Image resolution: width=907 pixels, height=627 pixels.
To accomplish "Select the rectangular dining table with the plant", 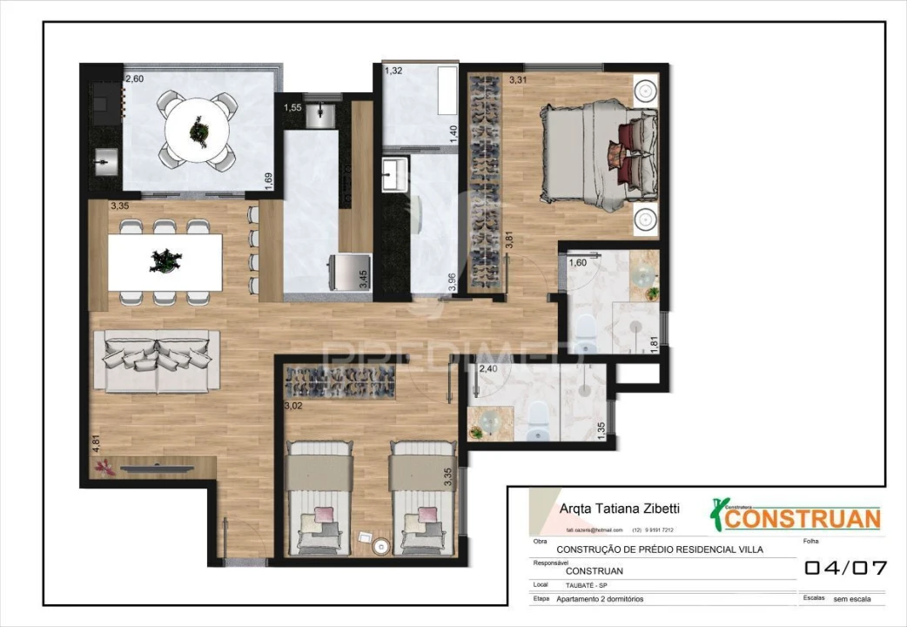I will coord(165,261).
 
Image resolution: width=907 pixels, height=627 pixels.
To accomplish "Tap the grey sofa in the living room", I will coord(156,361).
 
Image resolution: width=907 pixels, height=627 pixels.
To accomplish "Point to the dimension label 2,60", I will coord(135,79).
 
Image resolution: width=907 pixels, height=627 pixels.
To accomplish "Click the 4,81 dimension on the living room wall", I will coord(97,442).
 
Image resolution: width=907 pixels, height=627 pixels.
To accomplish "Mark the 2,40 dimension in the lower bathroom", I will coord(488,369).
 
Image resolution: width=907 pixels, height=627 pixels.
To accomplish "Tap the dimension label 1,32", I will coord(393,71).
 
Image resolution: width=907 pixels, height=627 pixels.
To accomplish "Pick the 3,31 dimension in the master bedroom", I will coord(518,80).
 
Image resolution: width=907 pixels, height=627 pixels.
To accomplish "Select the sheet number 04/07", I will coord(845,569).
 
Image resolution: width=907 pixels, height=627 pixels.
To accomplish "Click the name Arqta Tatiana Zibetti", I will coord(618,509).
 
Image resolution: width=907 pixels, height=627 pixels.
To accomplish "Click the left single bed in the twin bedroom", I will coord(319,499).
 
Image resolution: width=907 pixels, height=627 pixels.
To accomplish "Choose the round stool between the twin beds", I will coord(380,546).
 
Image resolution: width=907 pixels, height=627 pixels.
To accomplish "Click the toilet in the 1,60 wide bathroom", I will coord(586,328).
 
